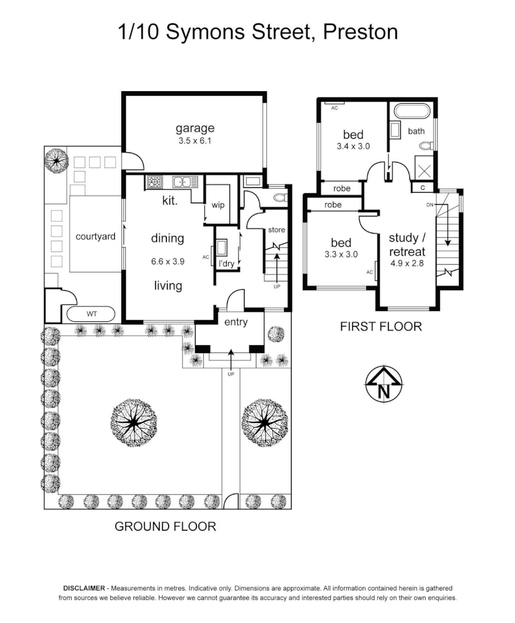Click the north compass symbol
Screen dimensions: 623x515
pyautogui.click(x=383, y=385)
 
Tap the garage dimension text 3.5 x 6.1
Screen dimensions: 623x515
pyautogui.click(x=195, y=140)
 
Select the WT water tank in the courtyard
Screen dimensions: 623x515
pyautogui.click(x=91, y=314)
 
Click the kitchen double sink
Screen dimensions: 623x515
pyautogui.click(x=186, y=182)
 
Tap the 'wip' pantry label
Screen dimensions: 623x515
pyautogui.click(x=218, y=205)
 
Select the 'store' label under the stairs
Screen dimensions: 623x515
pyautogui.click(x=277, y=230)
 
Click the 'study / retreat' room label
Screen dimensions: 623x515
pyautogui.click(x=406, y=245)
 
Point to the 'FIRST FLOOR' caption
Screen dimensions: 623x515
pyautogui.click(x=380, y=326)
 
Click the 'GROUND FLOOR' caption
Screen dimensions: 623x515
pyautogui.click(x=165, y=526)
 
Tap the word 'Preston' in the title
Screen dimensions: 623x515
pyautogui.click(x=360, y=32)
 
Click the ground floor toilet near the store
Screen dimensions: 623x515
pyautogui.click(x=278, y=198)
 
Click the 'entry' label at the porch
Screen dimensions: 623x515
pyautogui.click(x=236, y=322)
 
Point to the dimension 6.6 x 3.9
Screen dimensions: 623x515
pyautogui.click(x=167, y=261)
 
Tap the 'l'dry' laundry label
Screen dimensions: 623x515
pyautogui.click(x=226, y=264)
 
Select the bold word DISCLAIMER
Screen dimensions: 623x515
pyautogui.click(x=84, y=587)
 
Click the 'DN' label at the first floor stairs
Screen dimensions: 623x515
pyautogui.click(x=430, y=205)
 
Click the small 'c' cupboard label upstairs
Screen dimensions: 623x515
pyautogui.click(x=423, y=187)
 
